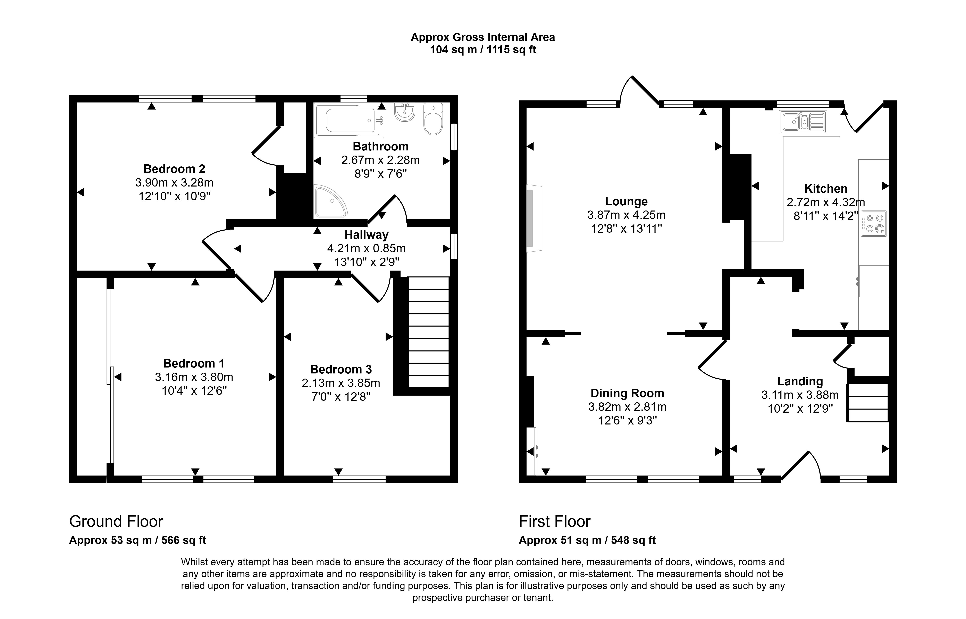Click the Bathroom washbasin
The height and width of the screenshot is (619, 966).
pyautogui.click(x=404, y=112)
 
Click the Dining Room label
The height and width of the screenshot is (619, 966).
pyautogui.click(x=627, y=393)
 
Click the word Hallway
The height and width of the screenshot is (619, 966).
pyautogui.click(x=366, y=235)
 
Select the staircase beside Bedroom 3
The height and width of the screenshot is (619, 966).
pyautogui.click(x=428, y=332)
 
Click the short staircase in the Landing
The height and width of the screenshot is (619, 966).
pyautogui.click(x=868, y=403)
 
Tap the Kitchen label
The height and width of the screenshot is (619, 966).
pyautogui.click(x=825, y=189)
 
